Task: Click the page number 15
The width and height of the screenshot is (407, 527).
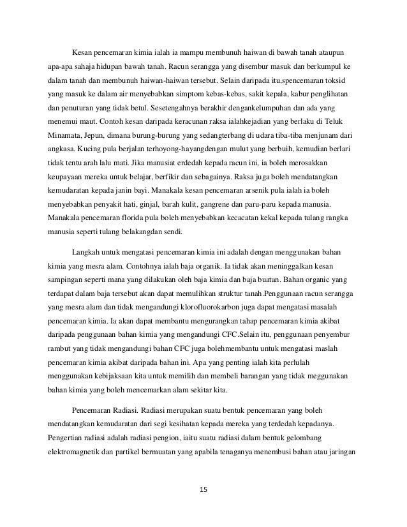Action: pyautogui.click(x=204, y=489)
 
